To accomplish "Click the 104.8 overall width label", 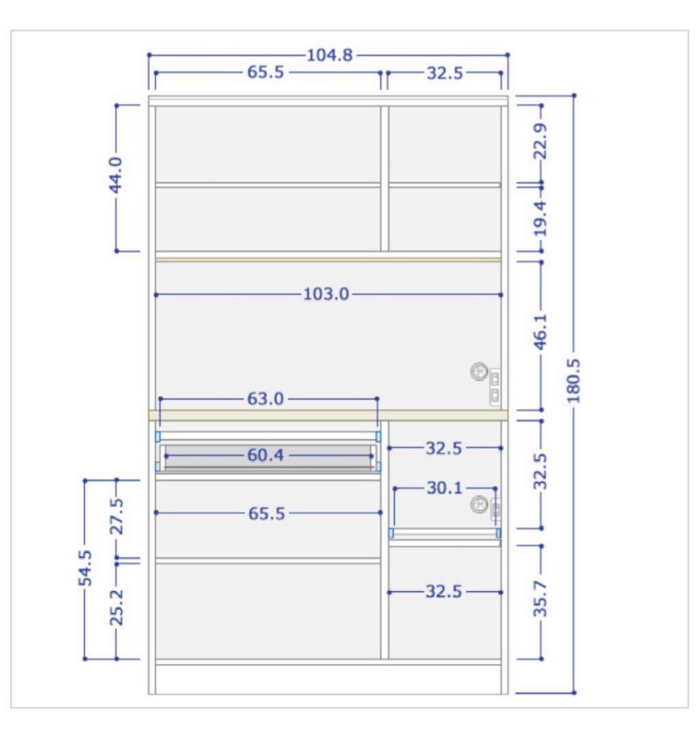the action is tap(330, 56).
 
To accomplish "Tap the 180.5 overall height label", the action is tap(574, 381).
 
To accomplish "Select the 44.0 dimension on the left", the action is tap(116, 175).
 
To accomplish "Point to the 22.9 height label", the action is tap(541, 141).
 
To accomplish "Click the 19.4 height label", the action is tap(541, 218).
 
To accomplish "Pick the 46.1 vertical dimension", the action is tap(541, 332).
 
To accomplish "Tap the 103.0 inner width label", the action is tap(326, 294).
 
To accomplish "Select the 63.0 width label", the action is tap(266, 399).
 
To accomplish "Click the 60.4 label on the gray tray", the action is tap(266, 455).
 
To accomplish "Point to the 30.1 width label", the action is tap(445, 488).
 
